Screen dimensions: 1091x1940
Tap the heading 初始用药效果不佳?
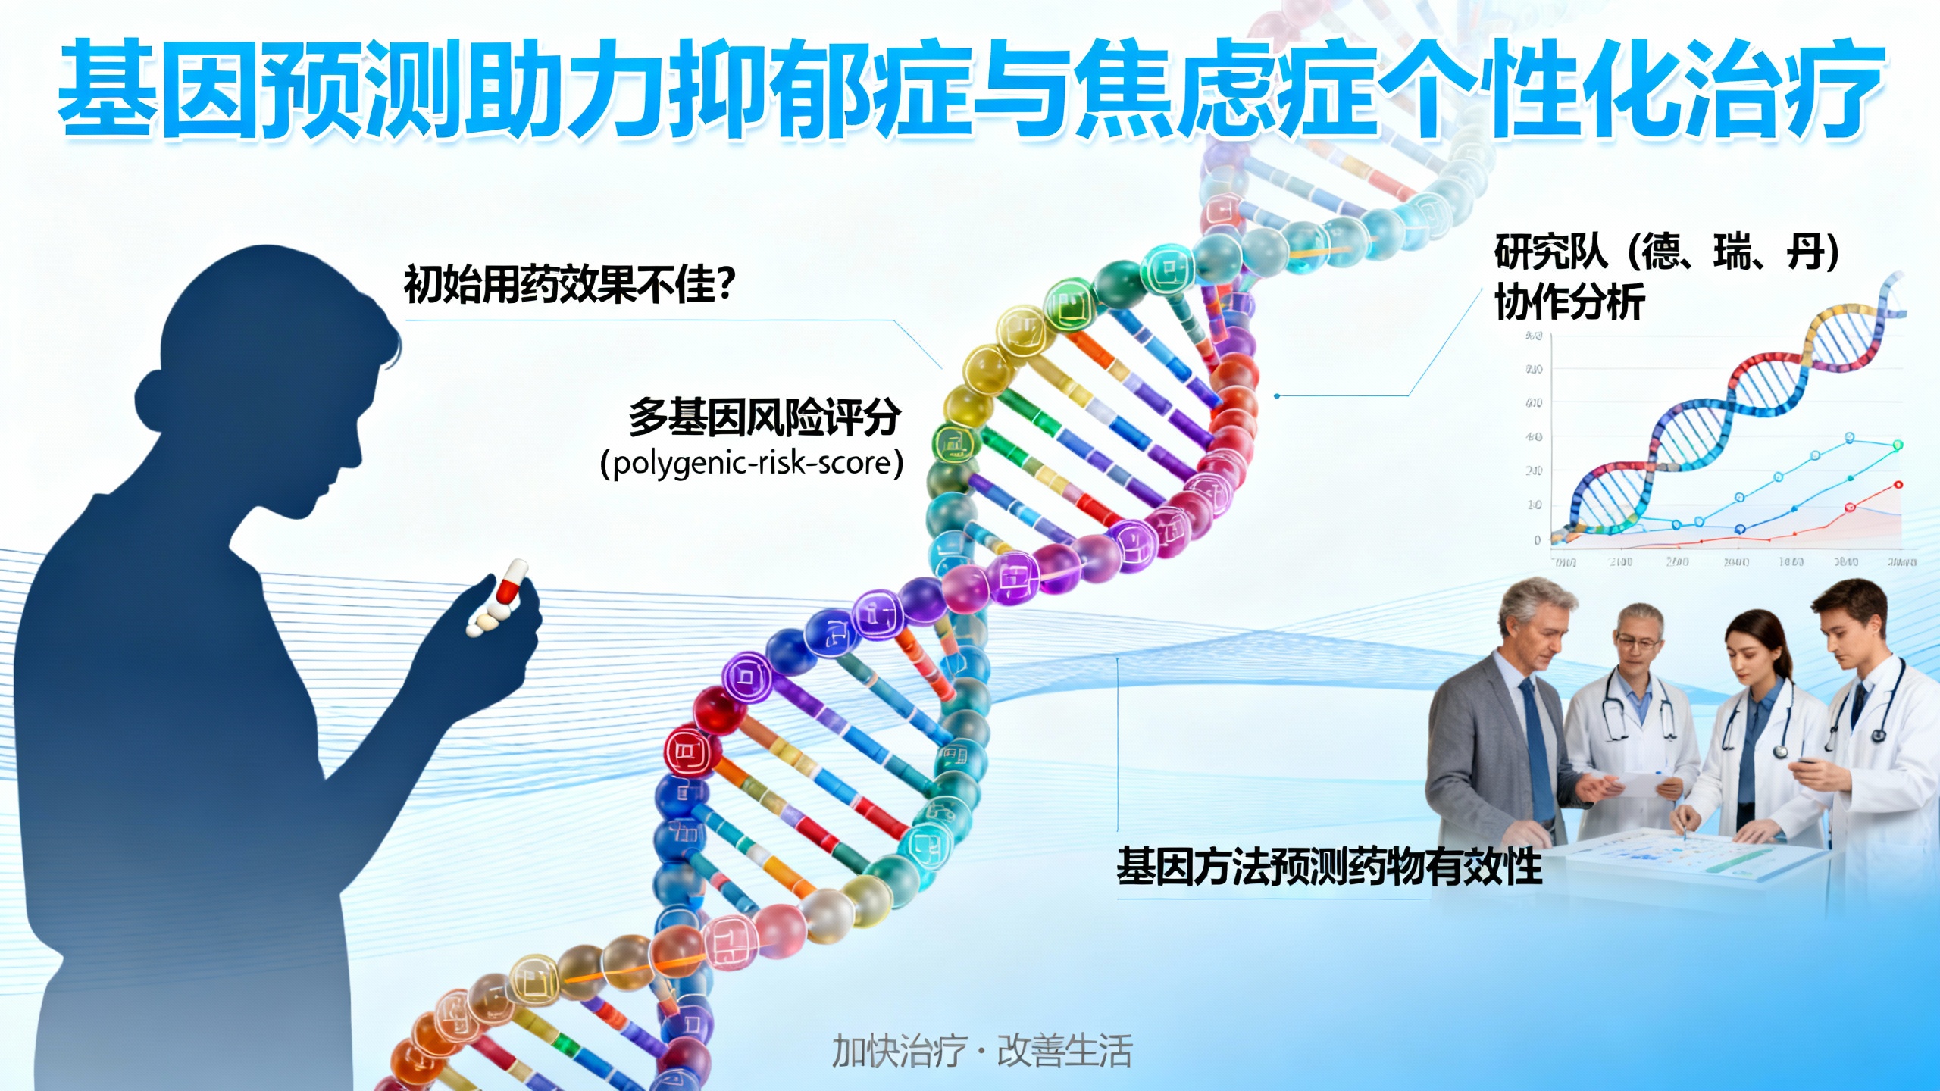point(569,285)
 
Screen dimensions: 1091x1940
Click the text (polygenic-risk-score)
point(752,463)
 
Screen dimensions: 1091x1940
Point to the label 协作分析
point(1569,302)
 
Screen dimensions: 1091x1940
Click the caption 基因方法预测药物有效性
point(1329,866)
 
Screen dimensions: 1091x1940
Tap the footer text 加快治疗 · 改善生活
point(982,1052)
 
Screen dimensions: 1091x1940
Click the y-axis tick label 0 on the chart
point(1538,540)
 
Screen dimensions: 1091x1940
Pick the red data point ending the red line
point(1898,485)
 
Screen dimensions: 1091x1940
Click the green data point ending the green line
point(1898,445)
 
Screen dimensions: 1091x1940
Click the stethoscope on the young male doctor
point(1878,731)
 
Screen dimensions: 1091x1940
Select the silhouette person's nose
point(356,455)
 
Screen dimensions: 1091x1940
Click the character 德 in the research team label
point(1664,252)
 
